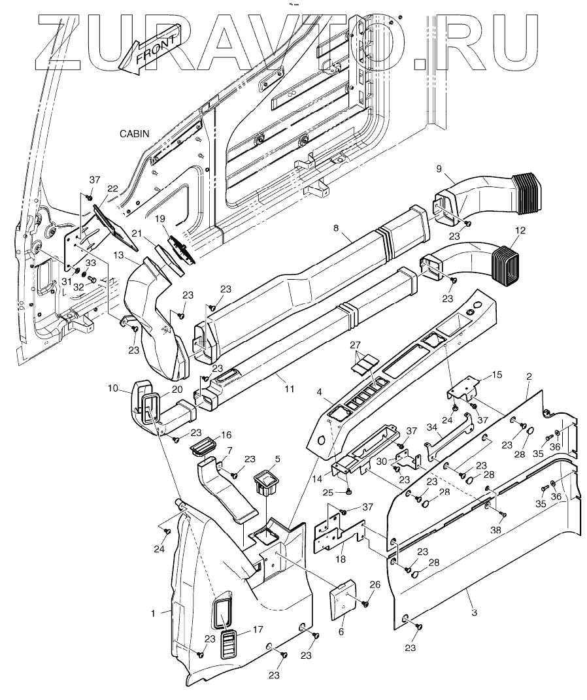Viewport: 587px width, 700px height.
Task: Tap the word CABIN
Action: (x=134, y=133)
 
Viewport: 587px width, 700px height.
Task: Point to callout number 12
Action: (x=520, y=230)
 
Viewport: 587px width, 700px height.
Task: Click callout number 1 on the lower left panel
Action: (x=153, y=613)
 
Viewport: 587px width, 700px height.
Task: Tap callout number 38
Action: (x=496, y=531)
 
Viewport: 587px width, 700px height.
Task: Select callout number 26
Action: (x=375, y=584)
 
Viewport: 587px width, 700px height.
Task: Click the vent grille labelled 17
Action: (x=229, y=645)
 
